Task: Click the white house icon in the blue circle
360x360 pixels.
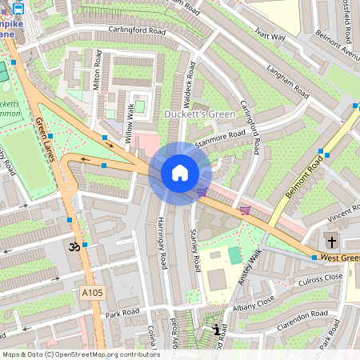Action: [x=180, y=173]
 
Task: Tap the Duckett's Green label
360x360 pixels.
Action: [x=201, y=114]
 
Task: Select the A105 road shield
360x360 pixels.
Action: [x=92, y=294]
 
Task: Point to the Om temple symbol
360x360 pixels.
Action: [x=76, y=247]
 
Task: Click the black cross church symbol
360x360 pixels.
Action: [x=331, y=242]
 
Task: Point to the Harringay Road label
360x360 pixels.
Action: [x=162, y=242]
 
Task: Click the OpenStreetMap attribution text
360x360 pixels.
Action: [x=81, y=354]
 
